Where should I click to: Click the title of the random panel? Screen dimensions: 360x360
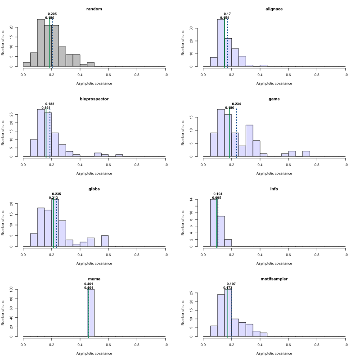coord(94,9)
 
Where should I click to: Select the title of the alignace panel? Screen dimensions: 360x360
coord(274,9)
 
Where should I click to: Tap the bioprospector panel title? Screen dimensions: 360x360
coord(94,99)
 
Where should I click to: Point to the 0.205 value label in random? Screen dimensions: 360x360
coord(52,14)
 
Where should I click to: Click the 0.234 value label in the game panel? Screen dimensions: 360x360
coord(236,104)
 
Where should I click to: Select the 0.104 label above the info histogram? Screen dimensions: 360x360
coord(218,194)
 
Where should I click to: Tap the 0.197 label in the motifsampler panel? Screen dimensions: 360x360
coord(231,284)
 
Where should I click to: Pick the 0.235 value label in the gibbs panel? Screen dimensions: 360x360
coord(56,194)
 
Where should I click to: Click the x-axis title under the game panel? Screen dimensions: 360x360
coord(274,173)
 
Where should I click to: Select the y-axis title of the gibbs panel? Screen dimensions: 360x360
coord(4,223)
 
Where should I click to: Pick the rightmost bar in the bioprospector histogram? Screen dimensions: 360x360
coord(119,155)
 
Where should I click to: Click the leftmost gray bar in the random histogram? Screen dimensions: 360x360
coord(27,64)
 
